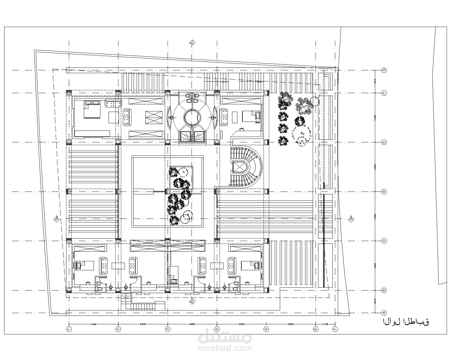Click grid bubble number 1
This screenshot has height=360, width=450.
69,328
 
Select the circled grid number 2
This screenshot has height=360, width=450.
118,328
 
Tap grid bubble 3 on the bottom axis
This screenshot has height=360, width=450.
168,328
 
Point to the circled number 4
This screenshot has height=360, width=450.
217,328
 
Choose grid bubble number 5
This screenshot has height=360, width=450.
266,328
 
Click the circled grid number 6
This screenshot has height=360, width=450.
316,328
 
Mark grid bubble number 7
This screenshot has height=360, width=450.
335,328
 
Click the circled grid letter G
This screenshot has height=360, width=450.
384,70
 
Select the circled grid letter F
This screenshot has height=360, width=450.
384,93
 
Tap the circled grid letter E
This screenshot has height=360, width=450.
384,142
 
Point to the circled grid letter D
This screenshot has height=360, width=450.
384,192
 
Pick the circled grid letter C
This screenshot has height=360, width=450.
384,241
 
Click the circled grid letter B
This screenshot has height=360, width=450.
384,290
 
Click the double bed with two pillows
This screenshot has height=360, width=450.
92,110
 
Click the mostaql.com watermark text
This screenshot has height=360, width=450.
225,348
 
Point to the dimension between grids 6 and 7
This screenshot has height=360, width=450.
325,324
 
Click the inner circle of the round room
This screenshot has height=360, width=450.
192,117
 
